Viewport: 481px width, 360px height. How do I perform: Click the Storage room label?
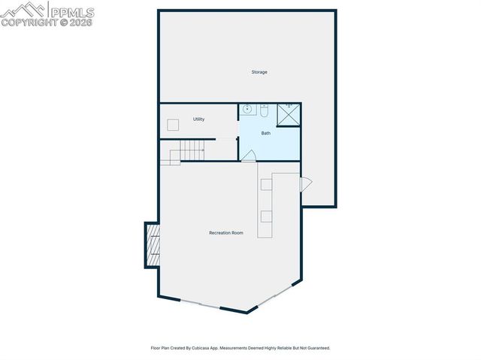pyautogui.click(x=259, y=72)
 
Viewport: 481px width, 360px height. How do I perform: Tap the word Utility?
pyautogui.click(x=198, y=119)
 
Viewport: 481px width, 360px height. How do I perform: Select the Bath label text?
pyautogui.click(x=266, y=133)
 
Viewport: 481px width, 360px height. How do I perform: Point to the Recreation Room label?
pyautogui.click(x=226, y=233)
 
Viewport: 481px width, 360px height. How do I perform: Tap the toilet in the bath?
pyautogui.click(x=264, y=110)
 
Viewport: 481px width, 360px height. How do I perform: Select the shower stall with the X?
pyautogui.click(x=288, y=114)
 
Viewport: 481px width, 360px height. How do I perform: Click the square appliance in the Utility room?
pyautogui.click(x=173, y=125)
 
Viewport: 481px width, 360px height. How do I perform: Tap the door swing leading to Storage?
pyautogui.click(x=305, y=184)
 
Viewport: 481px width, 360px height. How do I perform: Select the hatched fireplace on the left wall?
pyautogui.click(x=153, y=244)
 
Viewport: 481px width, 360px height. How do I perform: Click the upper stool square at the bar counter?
pyautogui.click(x=266, y=184)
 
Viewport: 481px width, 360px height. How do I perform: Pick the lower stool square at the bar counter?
pyautogui.click(x=266, y=217)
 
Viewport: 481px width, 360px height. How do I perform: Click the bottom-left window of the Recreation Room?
pyautogui.click(x=200, y=304)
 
